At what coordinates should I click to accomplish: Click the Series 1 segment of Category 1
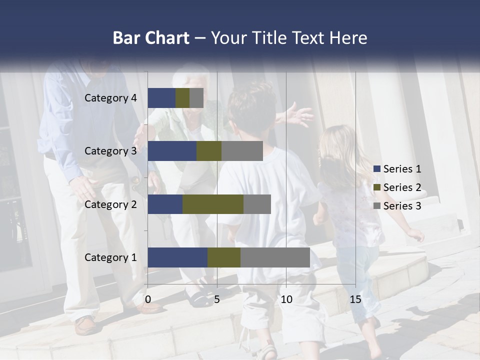tap(177, 257)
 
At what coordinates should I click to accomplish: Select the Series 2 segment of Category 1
tap(224, 257)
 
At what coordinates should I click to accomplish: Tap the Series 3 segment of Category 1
tap(275, 257)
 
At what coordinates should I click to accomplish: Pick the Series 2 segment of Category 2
tap(213, 204)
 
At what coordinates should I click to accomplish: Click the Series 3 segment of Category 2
tap(257, 204)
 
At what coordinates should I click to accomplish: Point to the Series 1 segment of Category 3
tap(172, 151)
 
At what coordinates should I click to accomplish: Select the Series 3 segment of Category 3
tap(242, 151)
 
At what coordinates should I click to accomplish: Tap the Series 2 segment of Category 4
tap(182, 98)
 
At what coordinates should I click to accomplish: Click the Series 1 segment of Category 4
tap(161, 98)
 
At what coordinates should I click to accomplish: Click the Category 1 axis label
tap(110, 257)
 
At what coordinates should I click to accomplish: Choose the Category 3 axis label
tap(110, 151)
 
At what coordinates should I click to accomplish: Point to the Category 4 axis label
tap(110, 98)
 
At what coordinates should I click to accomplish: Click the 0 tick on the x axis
tap(148, 299)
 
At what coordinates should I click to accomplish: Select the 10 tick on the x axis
tap(286, 299)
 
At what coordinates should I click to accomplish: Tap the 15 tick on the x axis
tap(355, 299)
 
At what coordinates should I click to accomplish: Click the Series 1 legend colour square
tap(377, 169)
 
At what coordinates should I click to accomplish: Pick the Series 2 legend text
tap(402, 187)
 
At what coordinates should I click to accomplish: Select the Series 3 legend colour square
tap(377, 206)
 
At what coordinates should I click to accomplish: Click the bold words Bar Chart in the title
tap(151, 38)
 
